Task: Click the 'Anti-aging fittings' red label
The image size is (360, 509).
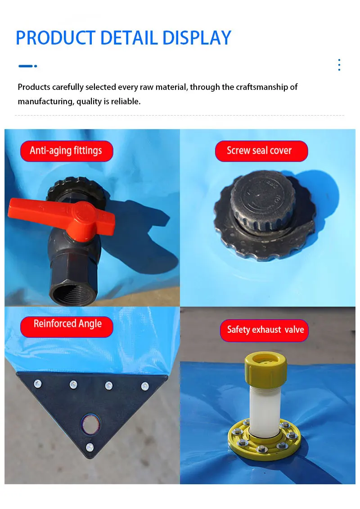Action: coord(66,151)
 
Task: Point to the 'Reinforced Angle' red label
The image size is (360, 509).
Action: coord(67,324)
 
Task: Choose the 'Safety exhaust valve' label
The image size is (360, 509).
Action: coord(265,330)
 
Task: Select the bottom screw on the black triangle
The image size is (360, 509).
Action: coord(90,447)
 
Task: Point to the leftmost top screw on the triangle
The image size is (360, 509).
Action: coord(38,384)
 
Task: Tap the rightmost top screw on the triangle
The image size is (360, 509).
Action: coord(144,386)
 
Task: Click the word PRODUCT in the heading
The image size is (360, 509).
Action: coord(54,38)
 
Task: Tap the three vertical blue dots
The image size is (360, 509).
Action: coord(339,65)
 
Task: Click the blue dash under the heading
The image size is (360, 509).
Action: coord(26,66)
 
